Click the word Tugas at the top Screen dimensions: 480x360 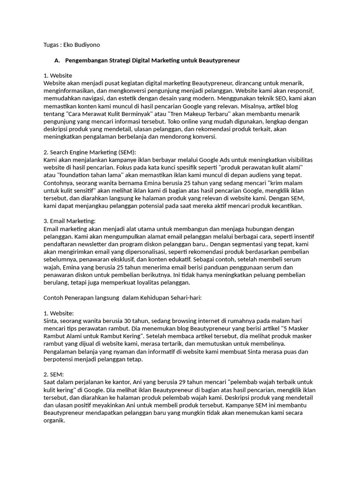(x=52, y=45)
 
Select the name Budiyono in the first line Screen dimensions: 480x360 (x=87, y=45)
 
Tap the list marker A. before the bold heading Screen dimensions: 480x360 (x=58, y=60)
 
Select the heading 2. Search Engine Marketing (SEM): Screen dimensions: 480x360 (x=90, y=152)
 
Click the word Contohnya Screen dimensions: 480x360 (x=59, y=182)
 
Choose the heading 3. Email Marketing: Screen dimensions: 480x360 (x=69, y=221)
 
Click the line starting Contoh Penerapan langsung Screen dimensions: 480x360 (x=122, y=297)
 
